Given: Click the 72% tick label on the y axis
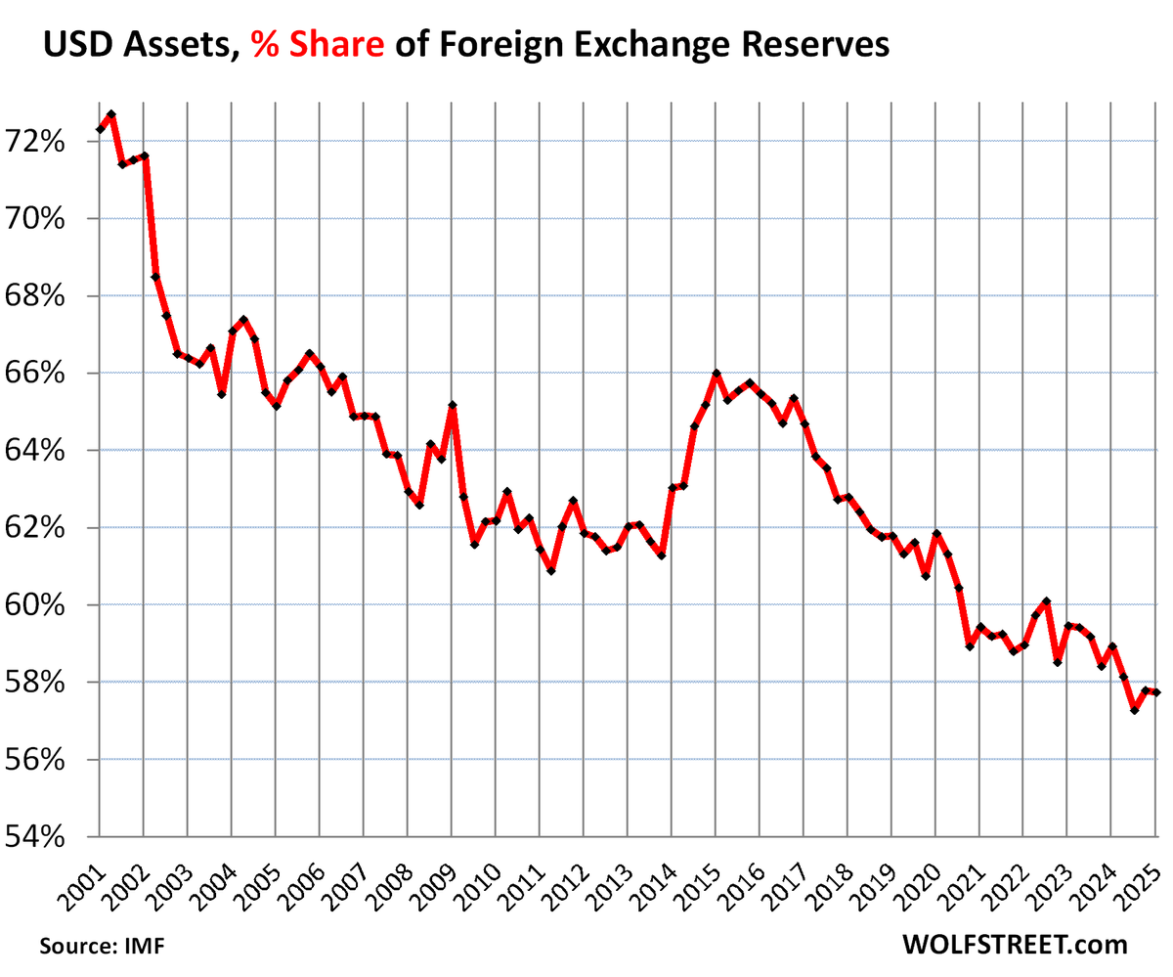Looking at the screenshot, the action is (x=35, y=142).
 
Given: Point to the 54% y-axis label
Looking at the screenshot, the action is (x=35, y=837).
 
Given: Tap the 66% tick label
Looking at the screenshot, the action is (x=35, y=374).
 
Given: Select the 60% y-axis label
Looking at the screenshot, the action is (x=35, y=605).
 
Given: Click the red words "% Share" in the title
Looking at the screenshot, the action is (x=318, y=44).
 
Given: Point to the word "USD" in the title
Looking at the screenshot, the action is (x=78, y=44).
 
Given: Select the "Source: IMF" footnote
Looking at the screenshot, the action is (x=103, y=946).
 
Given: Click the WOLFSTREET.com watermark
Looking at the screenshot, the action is (x=1015, y=945).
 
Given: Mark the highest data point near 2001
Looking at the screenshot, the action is (x=111, y=114).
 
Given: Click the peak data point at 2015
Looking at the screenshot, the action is (x=717, y=374).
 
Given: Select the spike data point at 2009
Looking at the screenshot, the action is (x=453, y=405).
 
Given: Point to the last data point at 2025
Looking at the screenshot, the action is (x=1156, y=693).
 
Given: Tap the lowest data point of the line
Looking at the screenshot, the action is (x=1134, y=711).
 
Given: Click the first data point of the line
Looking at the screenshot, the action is (x=100, y=130).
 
